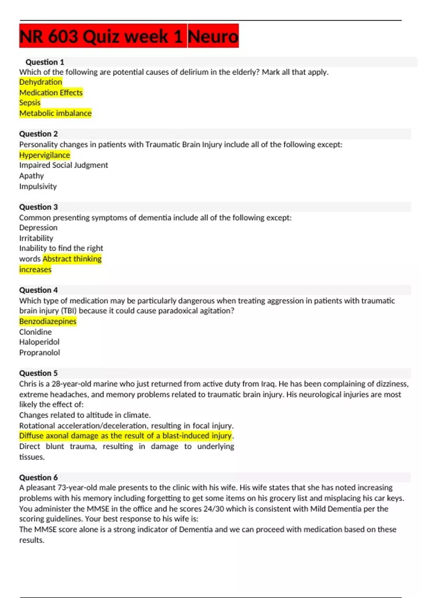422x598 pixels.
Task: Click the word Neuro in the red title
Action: [x=213, y=36]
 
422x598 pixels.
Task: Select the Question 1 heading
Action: [x=45, y=62]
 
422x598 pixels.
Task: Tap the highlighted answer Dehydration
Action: [x=41, y=82]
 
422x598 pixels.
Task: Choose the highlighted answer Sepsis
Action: [x=30, y=103]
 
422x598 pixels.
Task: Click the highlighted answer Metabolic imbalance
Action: [x=55, y=113]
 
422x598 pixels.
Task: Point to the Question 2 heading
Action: [x=38, y=134]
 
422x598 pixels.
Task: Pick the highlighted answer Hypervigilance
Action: [x=45, y=155]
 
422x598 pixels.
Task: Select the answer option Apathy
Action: [x=32, y=176]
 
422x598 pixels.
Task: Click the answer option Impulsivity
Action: [x=38, y=186]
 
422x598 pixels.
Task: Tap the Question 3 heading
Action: [x=38, y=207]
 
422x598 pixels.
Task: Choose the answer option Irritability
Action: [x=36, y=238]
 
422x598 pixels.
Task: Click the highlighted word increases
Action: [x=35, y=269]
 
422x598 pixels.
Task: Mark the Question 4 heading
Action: [x=38, y=290]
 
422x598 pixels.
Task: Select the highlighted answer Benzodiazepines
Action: [x=48, y=321]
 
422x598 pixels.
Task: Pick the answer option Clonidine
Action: [x=36, y=332]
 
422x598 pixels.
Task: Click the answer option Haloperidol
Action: [x=39, y=342]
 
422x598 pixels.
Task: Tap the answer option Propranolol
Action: [x=39, y=352]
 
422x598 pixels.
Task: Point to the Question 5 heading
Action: [x=38, y=373]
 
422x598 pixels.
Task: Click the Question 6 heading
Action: [x=38, y=477]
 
